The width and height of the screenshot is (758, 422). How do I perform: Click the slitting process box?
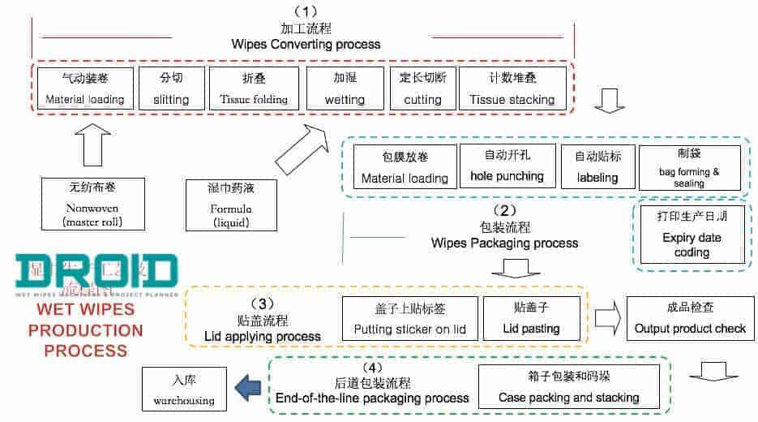171,88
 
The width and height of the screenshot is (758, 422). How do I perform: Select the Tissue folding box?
254,88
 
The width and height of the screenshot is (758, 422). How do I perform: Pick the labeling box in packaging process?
597,166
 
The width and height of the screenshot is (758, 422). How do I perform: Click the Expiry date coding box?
691,235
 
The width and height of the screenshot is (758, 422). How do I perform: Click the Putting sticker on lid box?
410,318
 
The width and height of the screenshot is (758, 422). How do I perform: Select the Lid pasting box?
531,318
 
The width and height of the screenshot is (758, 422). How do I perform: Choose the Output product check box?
691,318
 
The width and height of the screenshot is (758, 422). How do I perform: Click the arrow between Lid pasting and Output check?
607,317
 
